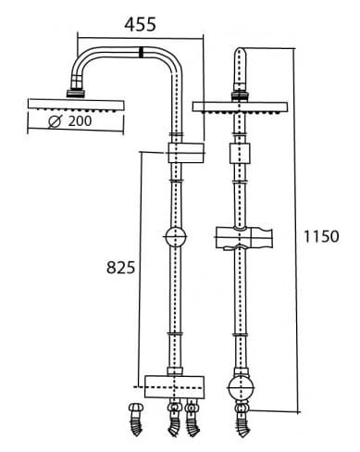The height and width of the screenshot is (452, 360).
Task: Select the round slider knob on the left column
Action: [174, 239]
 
